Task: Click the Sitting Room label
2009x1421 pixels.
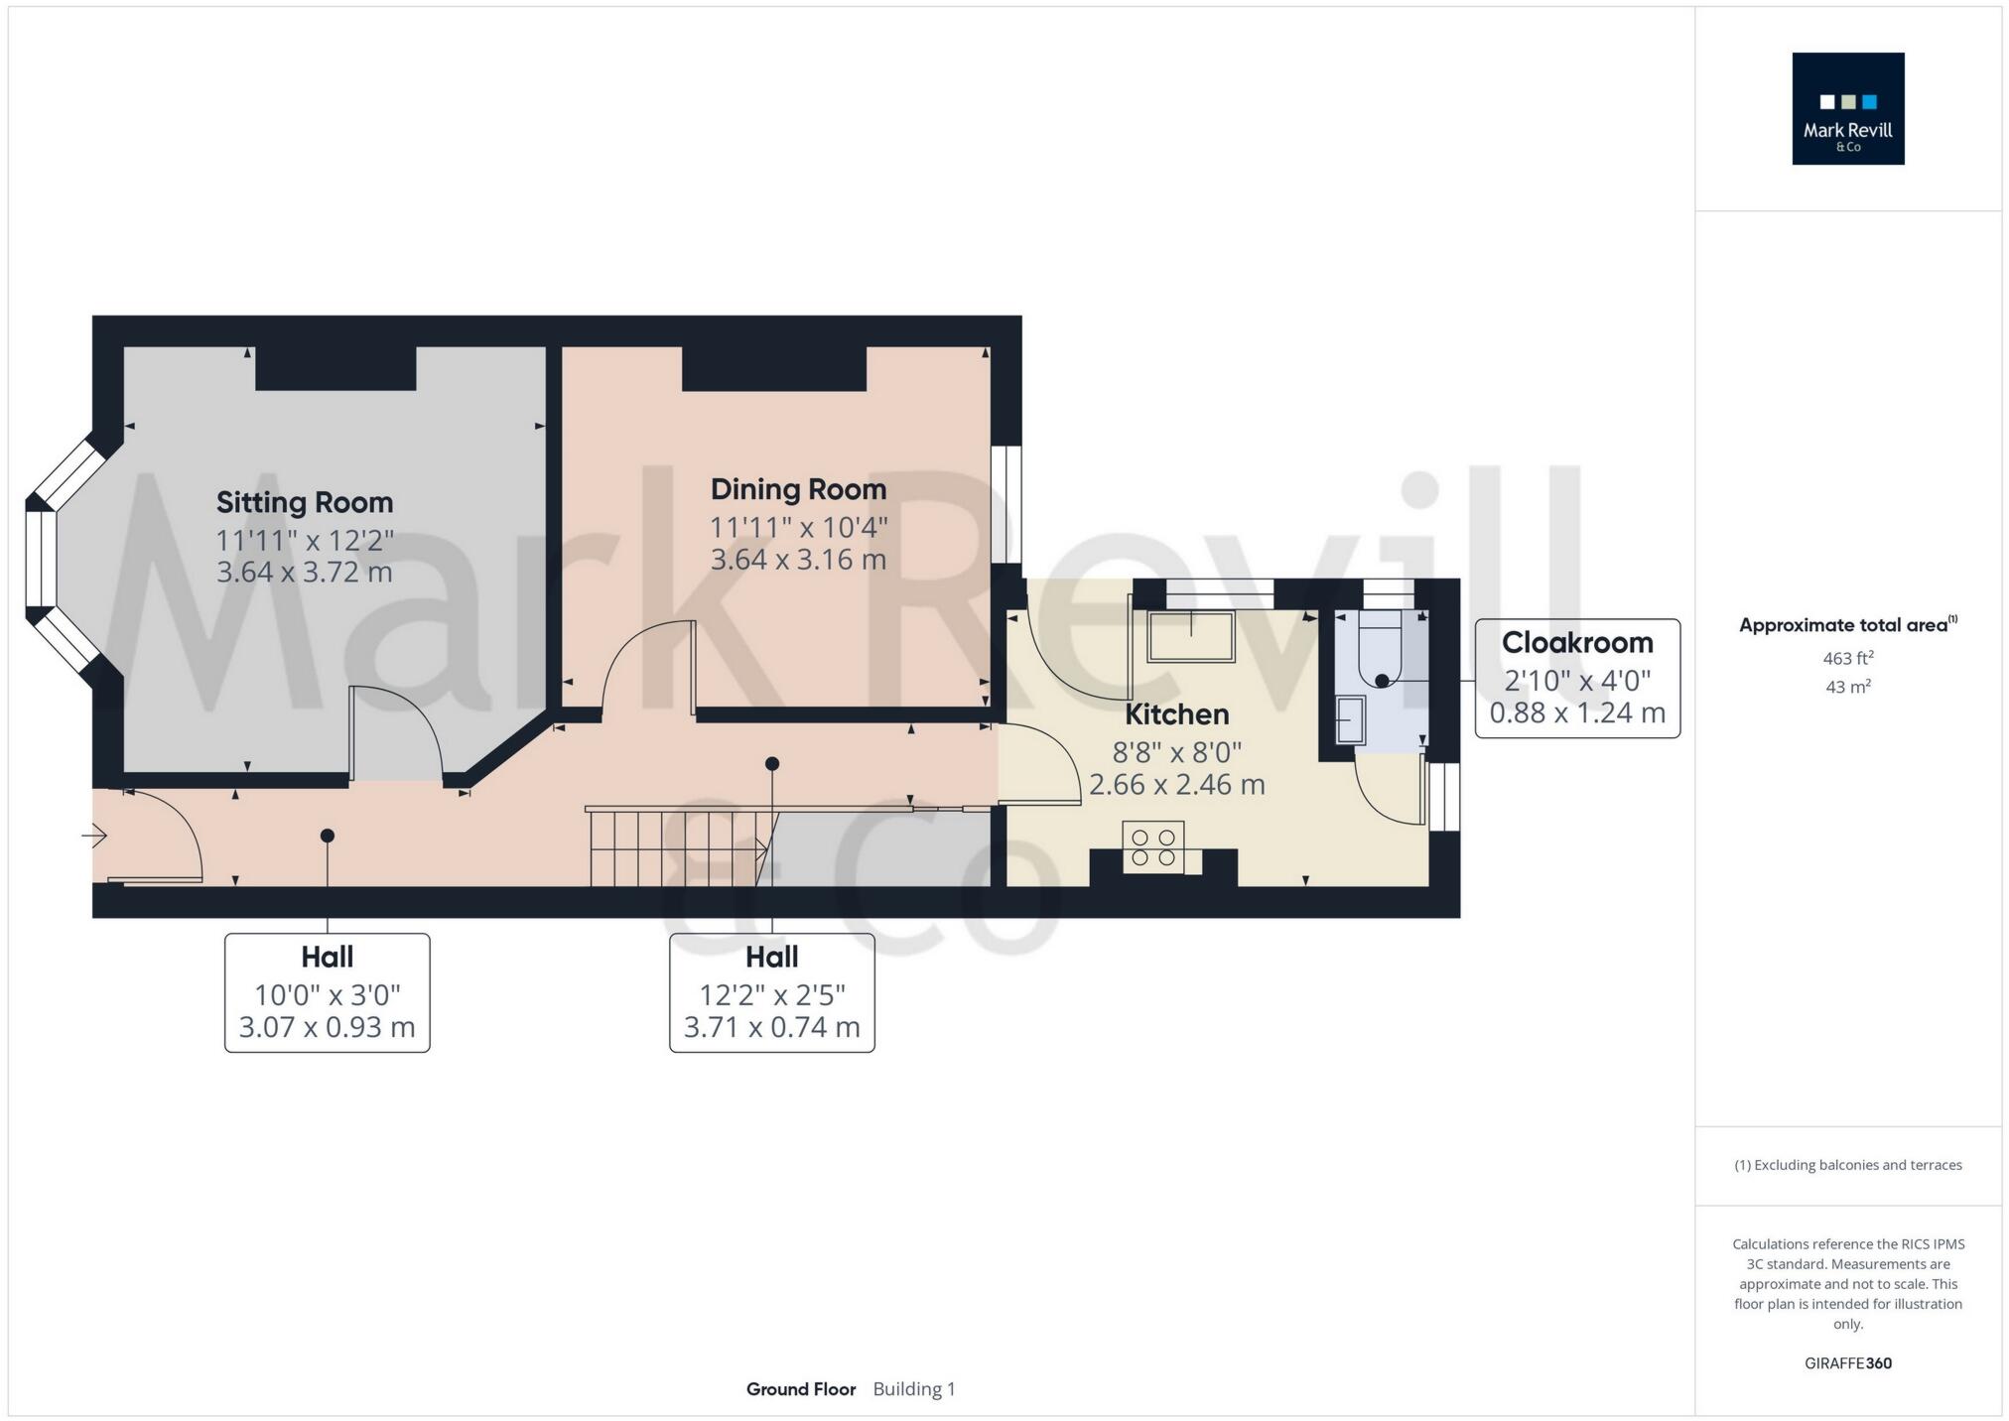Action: [305, 502]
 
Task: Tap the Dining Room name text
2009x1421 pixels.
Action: [798, 489]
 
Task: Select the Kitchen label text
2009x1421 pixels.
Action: [1176, 714]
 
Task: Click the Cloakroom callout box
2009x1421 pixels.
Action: [1576, 678]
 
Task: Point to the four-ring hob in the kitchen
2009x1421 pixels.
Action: [1152, 846]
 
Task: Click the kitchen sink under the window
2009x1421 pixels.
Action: [1190, 637]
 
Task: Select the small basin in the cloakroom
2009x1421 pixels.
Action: [1350, 718]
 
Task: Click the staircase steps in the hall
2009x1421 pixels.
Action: [675, 847]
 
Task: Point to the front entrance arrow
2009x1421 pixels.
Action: [94, 837]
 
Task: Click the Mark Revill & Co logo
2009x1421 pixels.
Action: [1847, 109]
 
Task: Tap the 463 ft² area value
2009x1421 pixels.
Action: [1847, 658]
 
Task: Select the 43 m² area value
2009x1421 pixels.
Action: [1847, 687]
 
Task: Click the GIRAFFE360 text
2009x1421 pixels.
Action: [1847, 1363]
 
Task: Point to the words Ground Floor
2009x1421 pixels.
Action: [800, 1389]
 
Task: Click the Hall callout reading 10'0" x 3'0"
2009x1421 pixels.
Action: [327, 992]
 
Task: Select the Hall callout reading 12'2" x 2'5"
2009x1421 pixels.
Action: [771, 992]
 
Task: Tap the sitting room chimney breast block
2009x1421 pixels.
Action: [335, 368]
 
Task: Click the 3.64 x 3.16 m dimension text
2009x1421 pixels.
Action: [798, 560]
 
